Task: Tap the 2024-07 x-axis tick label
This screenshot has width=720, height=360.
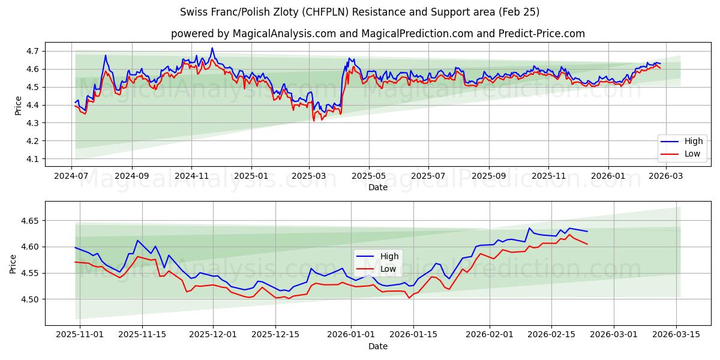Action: click(72, 176)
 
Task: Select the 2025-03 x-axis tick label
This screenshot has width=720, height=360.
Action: click(310, 176)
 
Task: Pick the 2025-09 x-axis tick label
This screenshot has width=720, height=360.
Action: click(488, 176)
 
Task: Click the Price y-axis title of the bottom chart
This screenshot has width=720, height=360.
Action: click(13, 264)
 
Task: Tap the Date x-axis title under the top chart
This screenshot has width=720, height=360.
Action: click(378, 187)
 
